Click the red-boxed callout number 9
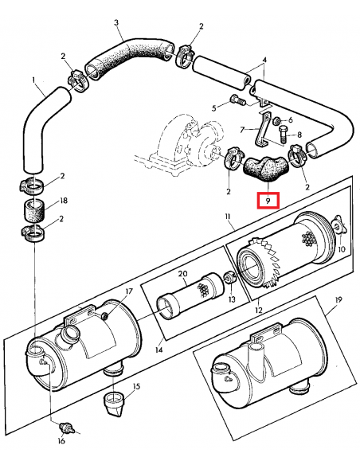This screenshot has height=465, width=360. [x=268, y=201]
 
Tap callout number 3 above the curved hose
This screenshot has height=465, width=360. [x=116, y=22]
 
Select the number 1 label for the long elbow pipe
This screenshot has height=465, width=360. [x=33, y=80]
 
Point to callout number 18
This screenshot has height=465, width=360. [x=64, y=201]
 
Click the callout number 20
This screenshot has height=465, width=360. [x=183, y=273]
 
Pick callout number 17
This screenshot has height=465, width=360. [x=129, y=291]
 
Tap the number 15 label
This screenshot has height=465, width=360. [x=136, y=386]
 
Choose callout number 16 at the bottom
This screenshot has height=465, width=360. [x=61, y=441]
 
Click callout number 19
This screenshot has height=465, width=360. [x=338, y=300]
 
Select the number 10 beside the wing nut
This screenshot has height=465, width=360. [x=342, y=248]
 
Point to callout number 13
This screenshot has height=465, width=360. [x=232, y=299]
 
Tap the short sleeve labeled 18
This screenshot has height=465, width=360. [x=34, y=212]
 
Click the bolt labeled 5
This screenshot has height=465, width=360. [x=237, y=100]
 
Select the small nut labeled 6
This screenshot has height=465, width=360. [x=276, y=120]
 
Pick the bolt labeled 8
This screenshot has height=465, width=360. [x=283, y=135]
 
